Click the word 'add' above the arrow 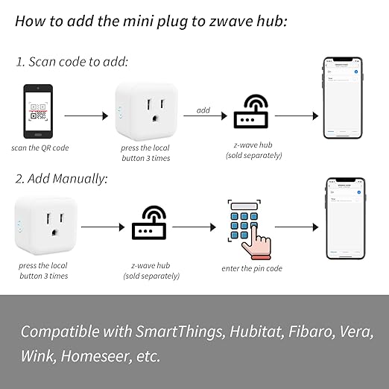click(x=203, y=110)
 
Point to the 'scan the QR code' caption click(x=41, y=148)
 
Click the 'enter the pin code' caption click(x=252, y=268)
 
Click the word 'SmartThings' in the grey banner click(x=177, y=330)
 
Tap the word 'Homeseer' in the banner click(x=93, y=356)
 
